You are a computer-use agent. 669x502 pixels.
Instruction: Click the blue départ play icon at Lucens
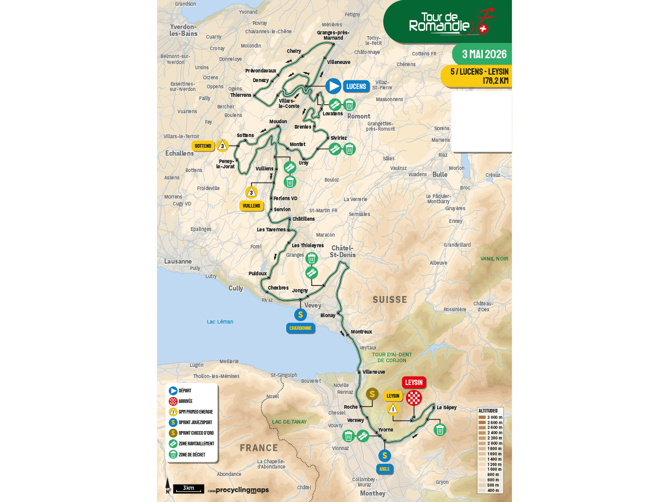click(x=333, y=86)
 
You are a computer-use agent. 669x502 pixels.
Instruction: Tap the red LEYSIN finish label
click(x=414, y=382)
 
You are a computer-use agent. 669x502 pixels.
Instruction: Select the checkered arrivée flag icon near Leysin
click(x=414, y=398)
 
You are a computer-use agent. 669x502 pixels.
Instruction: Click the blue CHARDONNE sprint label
click(x=301, y=328)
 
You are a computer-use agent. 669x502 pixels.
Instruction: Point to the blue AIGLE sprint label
click(x=384, y=469)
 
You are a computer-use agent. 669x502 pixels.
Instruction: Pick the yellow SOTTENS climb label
click(x=203, y=146)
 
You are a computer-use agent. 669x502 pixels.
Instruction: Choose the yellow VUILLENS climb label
click(x=251, y=206)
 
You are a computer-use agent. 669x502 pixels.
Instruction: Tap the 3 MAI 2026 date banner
click(x=484, y=55)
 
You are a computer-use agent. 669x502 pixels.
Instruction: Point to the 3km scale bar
click(x=188, y=488)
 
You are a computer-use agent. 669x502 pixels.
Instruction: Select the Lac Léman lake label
click(x=220, y=322)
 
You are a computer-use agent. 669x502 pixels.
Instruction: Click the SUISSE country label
click(x=390, y=300)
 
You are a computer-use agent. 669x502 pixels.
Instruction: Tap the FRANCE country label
click(x=259, y=448)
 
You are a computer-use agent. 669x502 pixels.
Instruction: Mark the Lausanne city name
click(x=178, y=262)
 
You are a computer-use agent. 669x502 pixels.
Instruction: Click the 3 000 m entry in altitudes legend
click(x=491, y=417)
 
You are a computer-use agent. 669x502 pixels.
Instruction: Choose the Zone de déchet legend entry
click(x=191, y=454)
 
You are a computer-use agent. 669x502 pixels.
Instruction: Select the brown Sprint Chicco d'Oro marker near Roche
click(x=372, y=394)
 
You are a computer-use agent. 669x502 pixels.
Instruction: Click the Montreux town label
click(x=361, y=332)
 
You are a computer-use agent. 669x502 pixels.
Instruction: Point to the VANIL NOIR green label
click(x=494, y=259)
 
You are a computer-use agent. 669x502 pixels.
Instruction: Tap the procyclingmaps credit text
click(x=242, y=490)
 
